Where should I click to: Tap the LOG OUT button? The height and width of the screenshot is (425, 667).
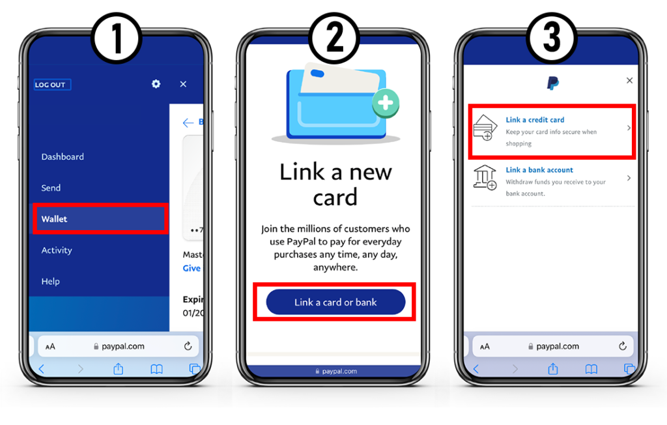[x=52, y=85]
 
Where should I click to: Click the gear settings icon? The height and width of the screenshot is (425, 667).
[x=156, y=84]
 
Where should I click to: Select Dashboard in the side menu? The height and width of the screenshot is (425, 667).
[x=63, y=156]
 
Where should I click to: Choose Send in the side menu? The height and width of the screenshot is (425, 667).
[x=51, y=188]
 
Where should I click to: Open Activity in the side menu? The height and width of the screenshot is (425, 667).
[x=57, y=250]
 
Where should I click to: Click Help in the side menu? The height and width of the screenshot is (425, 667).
[x=50, y=282]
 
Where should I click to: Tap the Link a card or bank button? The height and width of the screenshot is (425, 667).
[x=335, y=302]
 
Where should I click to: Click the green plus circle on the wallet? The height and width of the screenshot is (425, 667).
[x=386, y=103]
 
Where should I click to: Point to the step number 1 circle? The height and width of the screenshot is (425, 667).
[x=117, y=40]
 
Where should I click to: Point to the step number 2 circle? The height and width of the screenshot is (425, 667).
[x=335, y=40]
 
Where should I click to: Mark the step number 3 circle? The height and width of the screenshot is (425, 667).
[x=552, y=40]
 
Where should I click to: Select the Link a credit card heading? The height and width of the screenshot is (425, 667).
[x=535, y=120]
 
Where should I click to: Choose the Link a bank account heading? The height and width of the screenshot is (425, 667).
[x=539, y=170]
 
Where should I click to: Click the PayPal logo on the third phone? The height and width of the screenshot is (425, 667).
[x=552, y=83]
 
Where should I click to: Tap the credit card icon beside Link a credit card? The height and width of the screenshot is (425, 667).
[x=485, y=128]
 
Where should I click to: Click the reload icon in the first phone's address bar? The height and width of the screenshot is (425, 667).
[x=188, y=346]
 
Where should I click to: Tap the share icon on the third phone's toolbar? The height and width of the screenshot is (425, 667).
[x=552, y=369]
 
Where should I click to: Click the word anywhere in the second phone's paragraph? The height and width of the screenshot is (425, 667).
[x=335, y=267]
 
